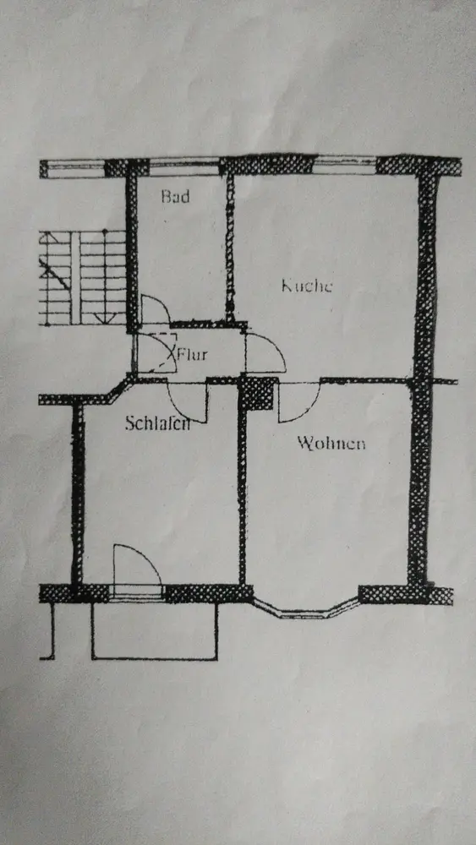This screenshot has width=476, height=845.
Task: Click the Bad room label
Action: [x=176, y=196]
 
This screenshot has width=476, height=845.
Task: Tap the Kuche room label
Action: [x=307, y=285]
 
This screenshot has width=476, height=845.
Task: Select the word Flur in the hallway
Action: [x=193, y=355]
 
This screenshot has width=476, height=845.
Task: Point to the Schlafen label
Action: [x=157, y=423]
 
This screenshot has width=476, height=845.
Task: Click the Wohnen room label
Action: [x=331, y=444]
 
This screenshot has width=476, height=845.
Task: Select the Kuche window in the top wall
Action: [x=344, y=164]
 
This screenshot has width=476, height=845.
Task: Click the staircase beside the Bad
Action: [x=83, y=278]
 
